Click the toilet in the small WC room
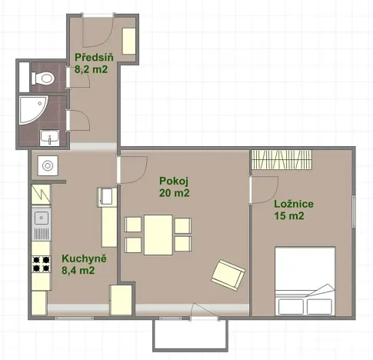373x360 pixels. (43, 77)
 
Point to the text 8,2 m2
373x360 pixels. (91, 69)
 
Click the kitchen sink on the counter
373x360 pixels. (40, 226)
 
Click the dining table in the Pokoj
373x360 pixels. (158, 234)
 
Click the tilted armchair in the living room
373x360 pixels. (228, 272)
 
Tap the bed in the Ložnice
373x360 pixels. (305, 281)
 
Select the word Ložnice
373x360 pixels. (293, 204)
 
